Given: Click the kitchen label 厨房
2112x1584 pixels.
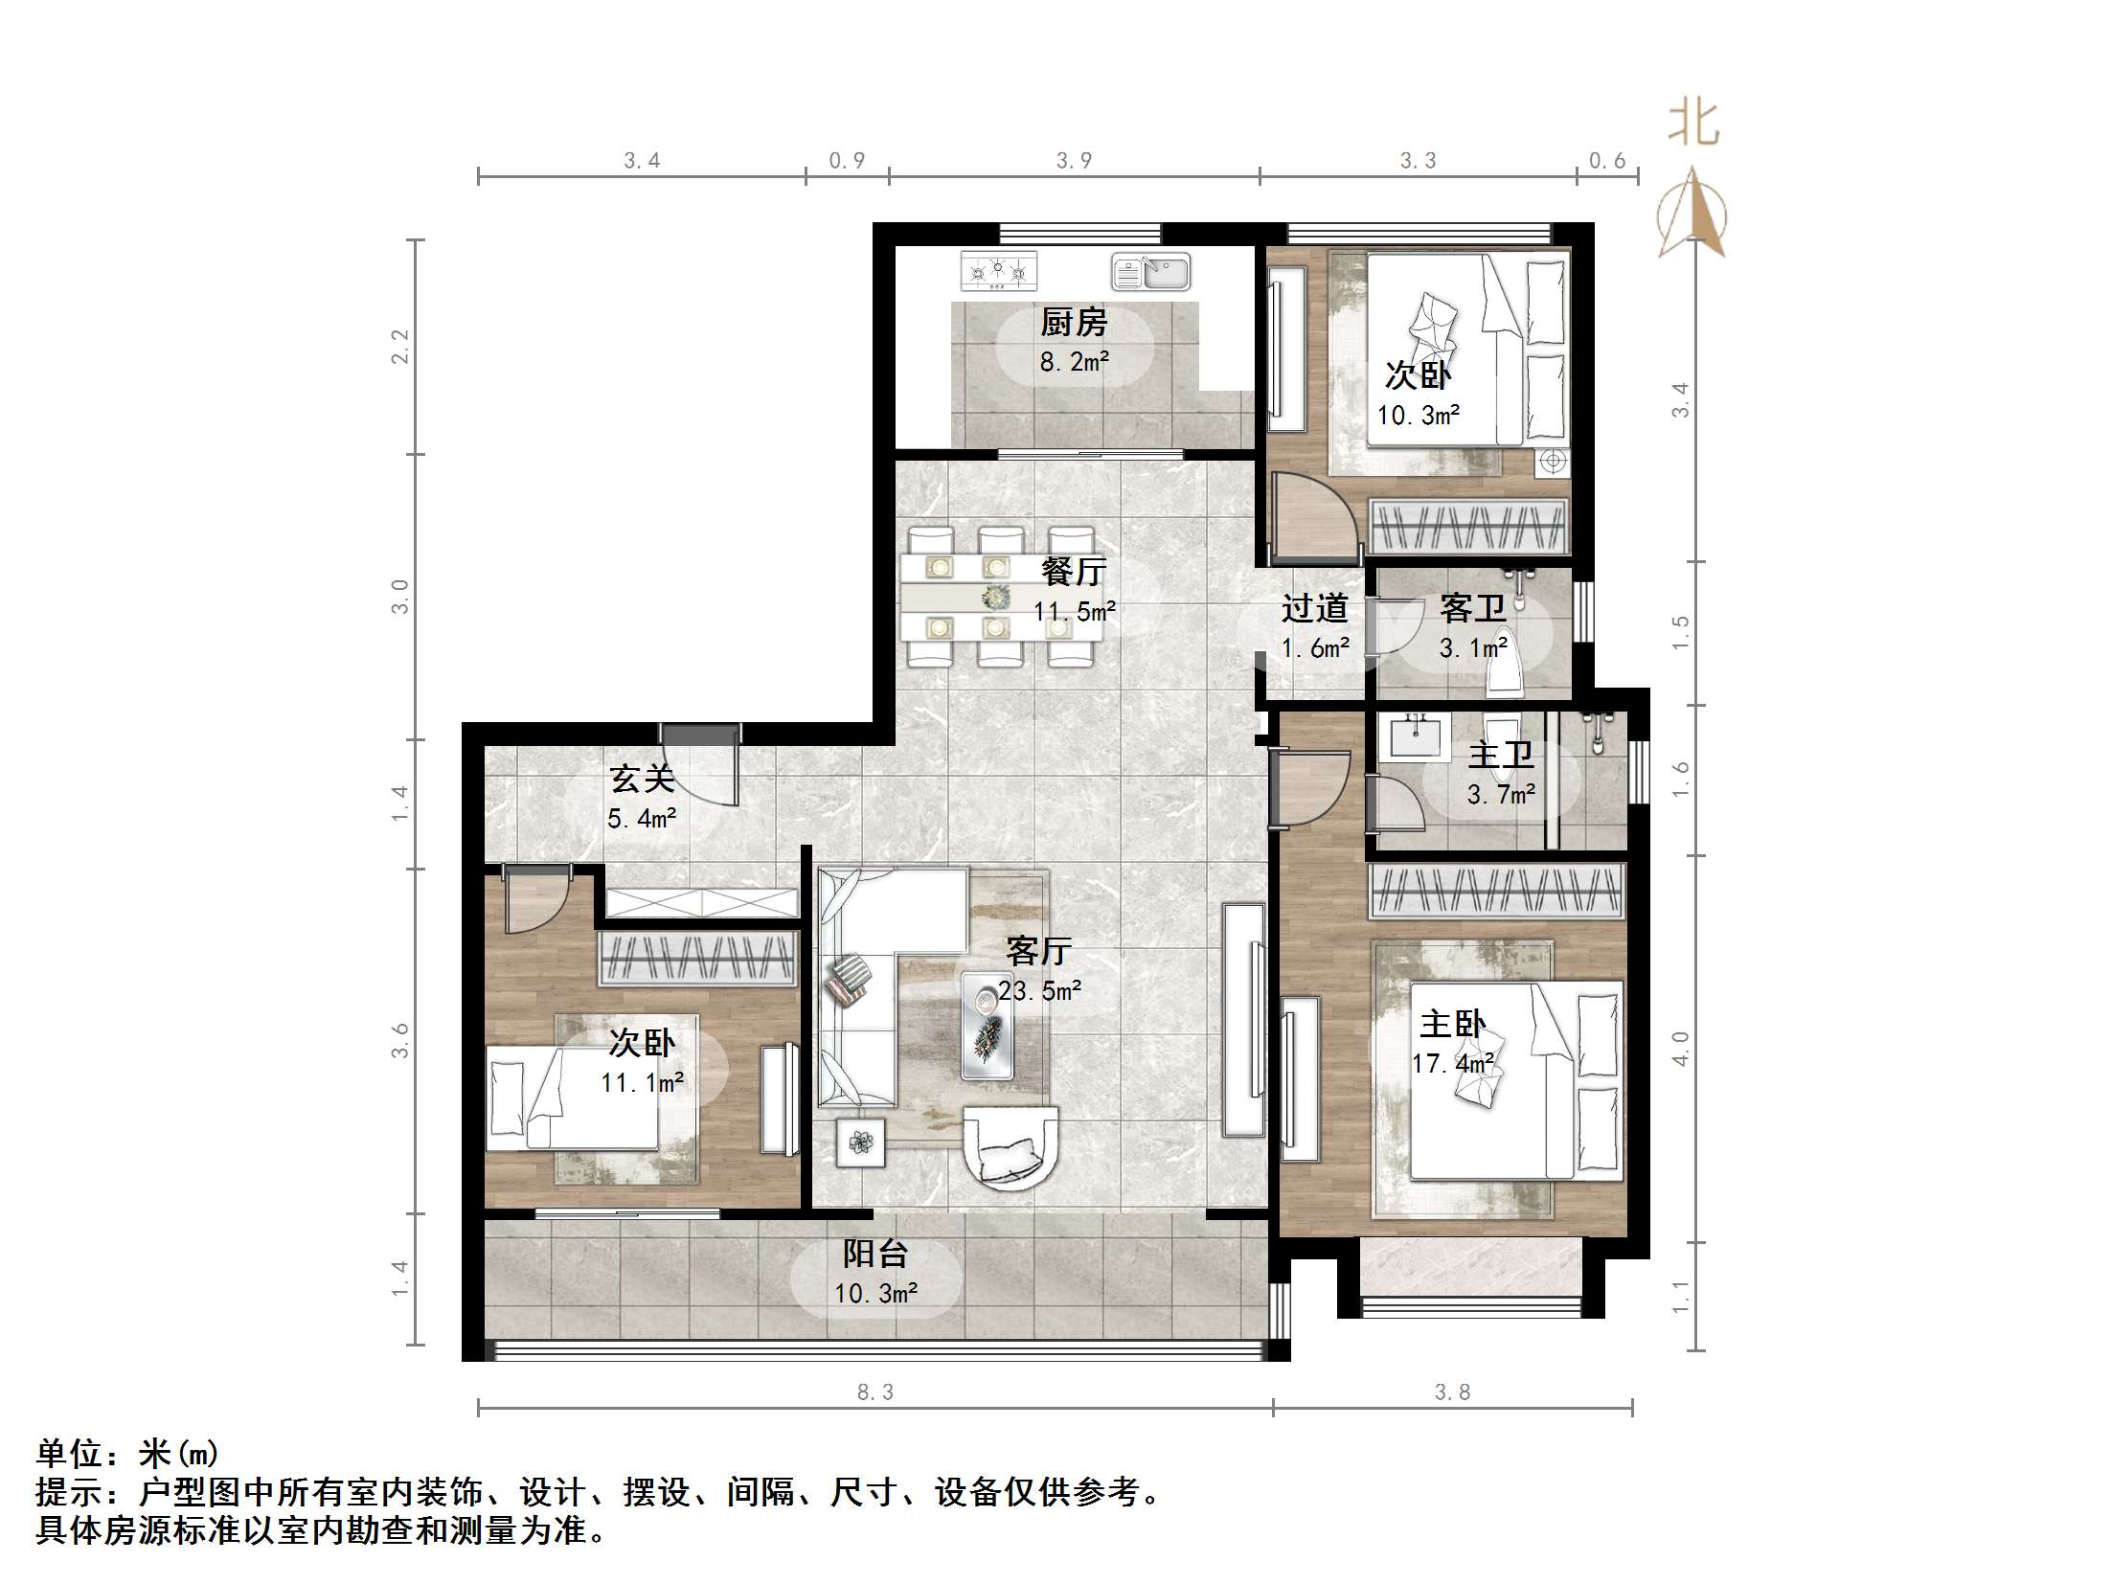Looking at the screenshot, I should coord(1074,323).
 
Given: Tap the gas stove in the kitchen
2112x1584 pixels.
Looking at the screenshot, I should coord(999,271).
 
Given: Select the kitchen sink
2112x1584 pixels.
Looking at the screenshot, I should coord(1150,272).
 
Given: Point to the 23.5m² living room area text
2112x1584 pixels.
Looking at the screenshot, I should coord(1039,990).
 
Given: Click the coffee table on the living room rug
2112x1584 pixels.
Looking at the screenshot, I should coord(988,1026).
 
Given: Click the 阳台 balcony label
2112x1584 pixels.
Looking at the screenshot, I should coord(875,1254).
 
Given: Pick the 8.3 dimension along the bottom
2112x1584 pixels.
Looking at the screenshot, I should coord(874,1392).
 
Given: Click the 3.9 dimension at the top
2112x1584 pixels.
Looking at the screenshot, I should coord(1074,161).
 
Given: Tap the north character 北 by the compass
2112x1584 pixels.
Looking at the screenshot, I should coord(1693,124).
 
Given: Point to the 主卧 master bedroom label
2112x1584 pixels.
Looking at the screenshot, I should coord(1452,1025).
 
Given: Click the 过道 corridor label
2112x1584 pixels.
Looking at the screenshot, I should coord(1314,608).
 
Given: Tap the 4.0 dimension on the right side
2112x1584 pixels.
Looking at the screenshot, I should coord(1681,1048).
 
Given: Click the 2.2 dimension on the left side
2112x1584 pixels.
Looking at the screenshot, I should coord(400,346).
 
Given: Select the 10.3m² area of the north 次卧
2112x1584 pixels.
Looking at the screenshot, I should coord(1419,416).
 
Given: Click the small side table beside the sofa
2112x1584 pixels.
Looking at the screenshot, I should coord(861,1143).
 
